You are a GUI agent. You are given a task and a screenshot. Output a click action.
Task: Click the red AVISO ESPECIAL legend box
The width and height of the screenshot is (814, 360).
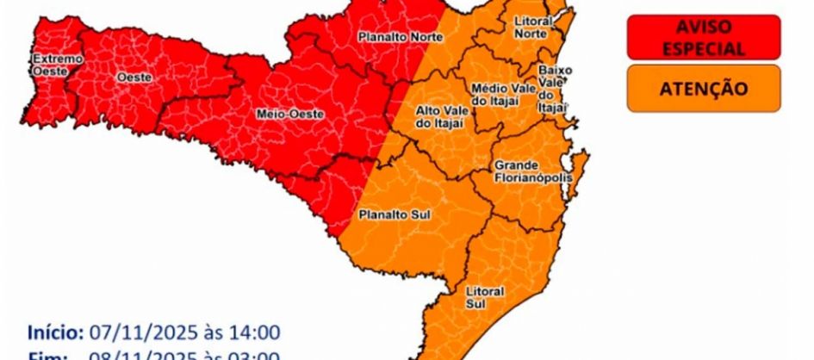(704, 39)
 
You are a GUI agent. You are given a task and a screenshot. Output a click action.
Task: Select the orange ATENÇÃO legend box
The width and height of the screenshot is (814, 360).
(704, 88)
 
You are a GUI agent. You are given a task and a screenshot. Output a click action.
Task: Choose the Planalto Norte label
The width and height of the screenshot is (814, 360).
(401, 37)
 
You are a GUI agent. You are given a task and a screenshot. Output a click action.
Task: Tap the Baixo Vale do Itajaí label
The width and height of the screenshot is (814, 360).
(551, 87)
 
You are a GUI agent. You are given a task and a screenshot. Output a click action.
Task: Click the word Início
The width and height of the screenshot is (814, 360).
(54, 332)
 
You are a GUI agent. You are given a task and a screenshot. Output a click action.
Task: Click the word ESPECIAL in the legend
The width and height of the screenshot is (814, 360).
(704, 49)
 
